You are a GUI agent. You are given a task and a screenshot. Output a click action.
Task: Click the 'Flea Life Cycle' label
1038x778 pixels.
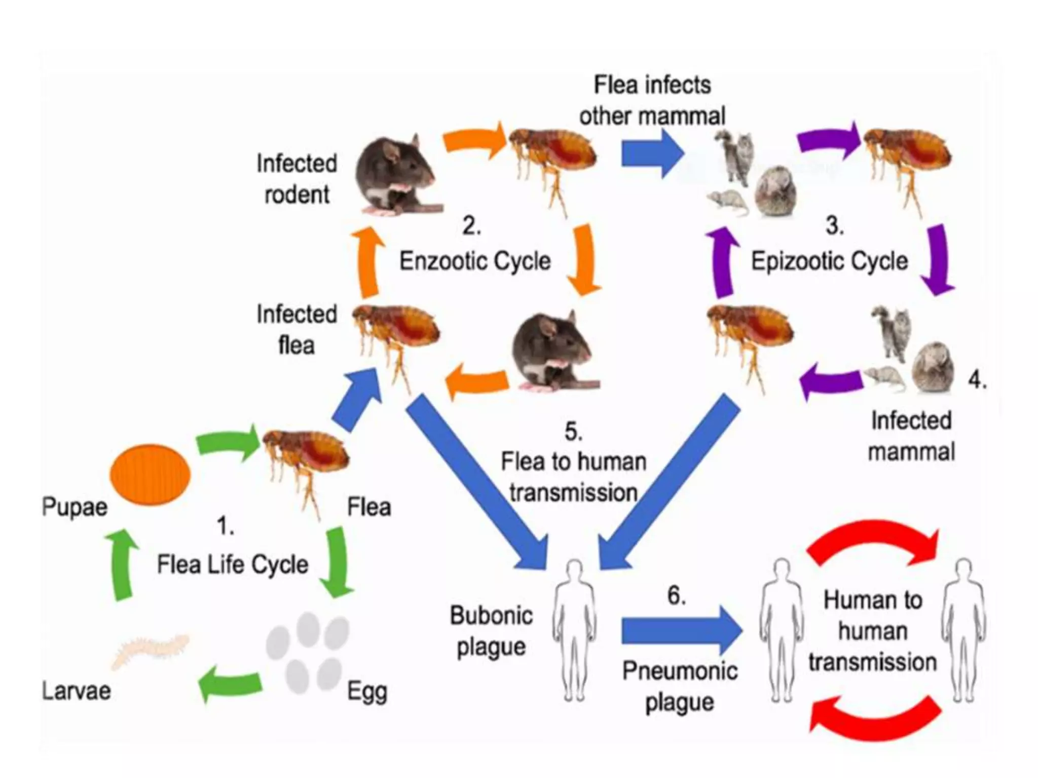[x=233, y=564]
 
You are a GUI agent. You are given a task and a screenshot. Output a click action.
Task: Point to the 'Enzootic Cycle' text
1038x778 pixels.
[x=475, y=261]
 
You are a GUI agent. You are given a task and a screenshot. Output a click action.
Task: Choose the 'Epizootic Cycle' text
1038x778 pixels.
[x=829, y=261]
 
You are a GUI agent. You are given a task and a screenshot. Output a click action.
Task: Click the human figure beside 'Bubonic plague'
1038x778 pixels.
[x=574, y=631]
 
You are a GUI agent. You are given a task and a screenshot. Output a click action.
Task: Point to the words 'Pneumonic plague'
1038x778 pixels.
[x=680, y=686]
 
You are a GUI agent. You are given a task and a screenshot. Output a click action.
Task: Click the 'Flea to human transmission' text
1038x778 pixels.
[x=574, y=477]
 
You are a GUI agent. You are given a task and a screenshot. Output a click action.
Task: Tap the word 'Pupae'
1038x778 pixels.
[x=75, y=507]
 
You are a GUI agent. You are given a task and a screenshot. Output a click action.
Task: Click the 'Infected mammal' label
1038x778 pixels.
[x=911, y=436]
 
